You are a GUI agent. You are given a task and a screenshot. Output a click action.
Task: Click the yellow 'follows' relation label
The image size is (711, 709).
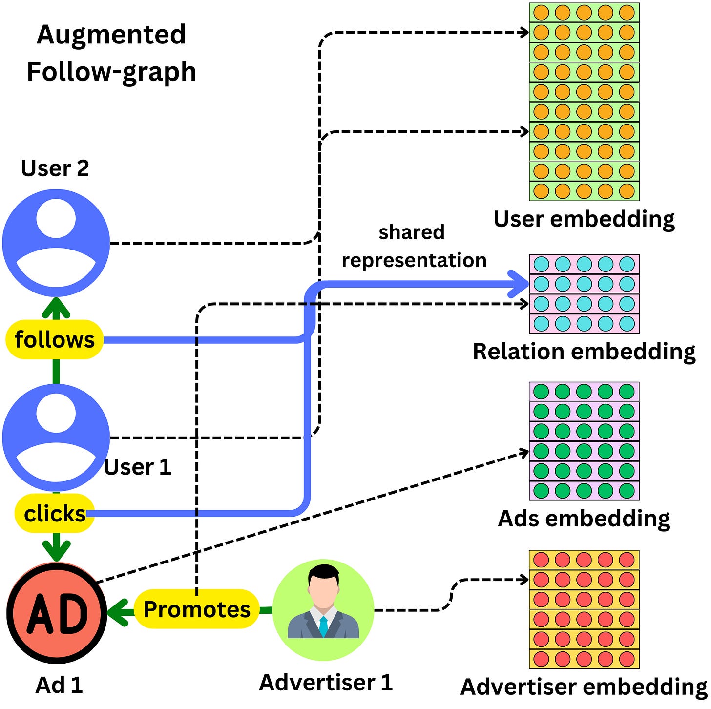pos(54,340)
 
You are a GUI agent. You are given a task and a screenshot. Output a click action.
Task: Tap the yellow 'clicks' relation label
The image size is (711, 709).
pos(55,514)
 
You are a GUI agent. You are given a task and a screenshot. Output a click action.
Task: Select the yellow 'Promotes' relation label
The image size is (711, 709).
pos(196,609)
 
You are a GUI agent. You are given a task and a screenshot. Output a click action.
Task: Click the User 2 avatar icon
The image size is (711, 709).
pos(56,243)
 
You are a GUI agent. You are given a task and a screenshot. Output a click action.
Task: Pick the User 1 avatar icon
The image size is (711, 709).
pos(56,438)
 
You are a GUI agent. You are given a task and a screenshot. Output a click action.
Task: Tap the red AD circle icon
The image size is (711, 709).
pos(57,613)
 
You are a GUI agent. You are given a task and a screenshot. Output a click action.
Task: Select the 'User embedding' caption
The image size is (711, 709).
pos(584,219)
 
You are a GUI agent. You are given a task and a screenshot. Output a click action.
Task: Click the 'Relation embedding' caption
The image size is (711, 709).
pos(584,352)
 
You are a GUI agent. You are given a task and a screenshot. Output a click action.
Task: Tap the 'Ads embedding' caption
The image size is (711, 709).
pos(584,519)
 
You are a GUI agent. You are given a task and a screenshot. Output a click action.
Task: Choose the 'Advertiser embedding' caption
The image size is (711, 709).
pos(584,687)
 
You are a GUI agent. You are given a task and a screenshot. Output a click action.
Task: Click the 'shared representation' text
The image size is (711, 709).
pos(413,246)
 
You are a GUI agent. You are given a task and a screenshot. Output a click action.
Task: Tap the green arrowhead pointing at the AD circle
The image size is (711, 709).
pos(118,611)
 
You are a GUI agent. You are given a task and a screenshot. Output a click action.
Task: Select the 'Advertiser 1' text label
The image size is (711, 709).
pos(326,683)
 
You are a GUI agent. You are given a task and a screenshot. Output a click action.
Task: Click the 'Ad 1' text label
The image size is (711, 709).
pos(59,686)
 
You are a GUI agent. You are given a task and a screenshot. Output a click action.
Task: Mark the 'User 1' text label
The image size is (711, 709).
pos(138,467)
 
